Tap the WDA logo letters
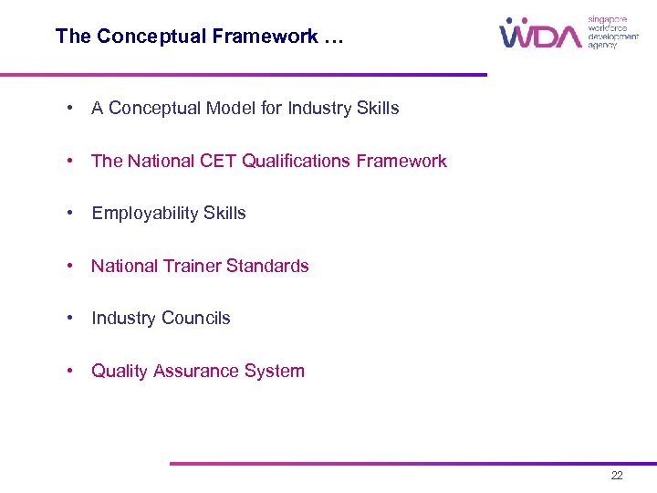point(540,34)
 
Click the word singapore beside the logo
point(608,18)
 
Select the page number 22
point(617,476)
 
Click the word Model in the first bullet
point(231,109)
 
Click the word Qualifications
point(294,162)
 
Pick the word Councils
point(196,319)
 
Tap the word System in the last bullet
point(276,372)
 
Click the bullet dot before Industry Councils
point(70,319)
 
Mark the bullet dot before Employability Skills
point(70,214)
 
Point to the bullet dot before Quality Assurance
point(70,372)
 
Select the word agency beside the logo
point(602,45)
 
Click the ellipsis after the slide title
point(333,37)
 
